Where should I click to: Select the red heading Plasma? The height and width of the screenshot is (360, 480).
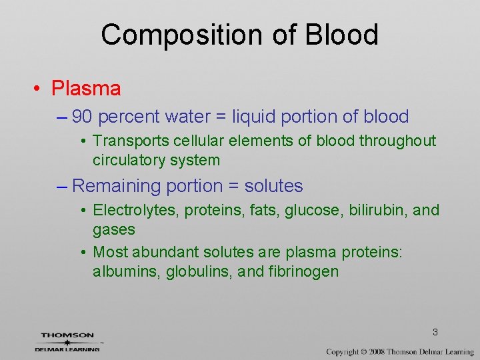click(86, 88)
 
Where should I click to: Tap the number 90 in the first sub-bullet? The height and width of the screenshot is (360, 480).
click(82, 117)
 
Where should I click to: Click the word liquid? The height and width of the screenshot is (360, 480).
click(254, 117)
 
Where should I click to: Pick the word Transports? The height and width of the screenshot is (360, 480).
click(131, 141)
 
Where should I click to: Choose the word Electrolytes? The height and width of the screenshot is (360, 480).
click(135, 211)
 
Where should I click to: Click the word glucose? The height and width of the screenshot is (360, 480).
click(311, 211)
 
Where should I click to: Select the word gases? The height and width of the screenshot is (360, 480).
click(114, 230)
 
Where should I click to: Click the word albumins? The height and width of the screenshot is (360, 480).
click(122, 272)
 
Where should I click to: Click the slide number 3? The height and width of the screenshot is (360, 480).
click(435, 332)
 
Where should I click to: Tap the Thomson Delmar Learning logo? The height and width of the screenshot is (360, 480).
click(68, 341)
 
